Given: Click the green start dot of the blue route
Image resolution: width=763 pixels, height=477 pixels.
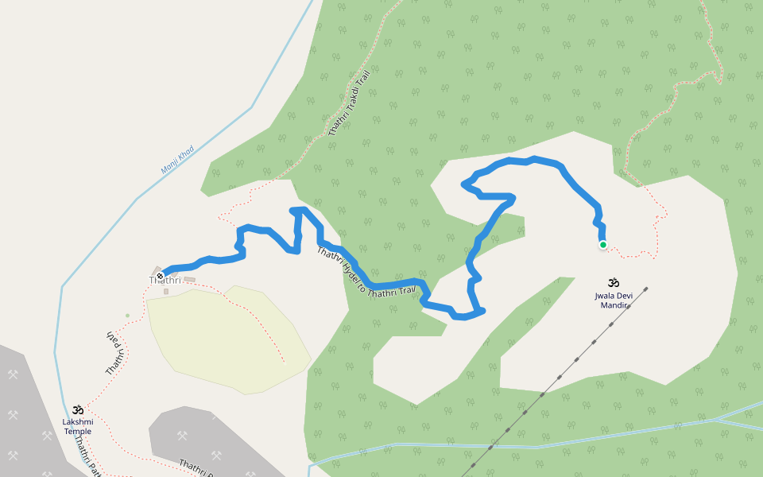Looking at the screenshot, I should [603, 245].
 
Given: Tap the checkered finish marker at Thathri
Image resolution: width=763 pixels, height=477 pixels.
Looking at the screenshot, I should [161, 276].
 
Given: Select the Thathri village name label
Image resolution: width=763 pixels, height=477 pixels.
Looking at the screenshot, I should [165, 281].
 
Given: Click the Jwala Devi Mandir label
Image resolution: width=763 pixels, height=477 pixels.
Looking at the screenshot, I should [613, 301].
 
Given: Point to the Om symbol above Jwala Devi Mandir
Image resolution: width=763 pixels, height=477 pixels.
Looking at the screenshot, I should [613, 282].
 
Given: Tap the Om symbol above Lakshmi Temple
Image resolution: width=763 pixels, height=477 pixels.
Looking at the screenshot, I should [78, 409].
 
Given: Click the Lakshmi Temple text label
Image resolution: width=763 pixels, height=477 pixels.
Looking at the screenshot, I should [78, 426].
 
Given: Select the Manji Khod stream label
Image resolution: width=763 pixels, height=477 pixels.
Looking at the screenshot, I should [177, 159].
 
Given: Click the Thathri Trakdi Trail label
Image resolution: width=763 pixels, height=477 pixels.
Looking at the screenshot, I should [350, 103].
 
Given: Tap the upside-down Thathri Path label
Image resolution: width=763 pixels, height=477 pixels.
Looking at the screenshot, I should [116, 354].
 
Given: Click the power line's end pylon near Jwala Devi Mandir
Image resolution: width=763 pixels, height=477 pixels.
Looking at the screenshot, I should [646, 289].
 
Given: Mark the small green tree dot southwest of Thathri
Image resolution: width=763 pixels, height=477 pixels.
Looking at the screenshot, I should [127, 316].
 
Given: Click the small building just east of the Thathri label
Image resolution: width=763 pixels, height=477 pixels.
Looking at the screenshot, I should [189, 280].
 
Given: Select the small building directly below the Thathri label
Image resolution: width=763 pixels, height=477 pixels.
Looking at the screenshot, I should [166, 292].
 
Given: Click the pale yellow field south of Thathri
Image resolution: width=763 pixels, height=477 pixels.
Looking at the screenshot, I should [230, 342].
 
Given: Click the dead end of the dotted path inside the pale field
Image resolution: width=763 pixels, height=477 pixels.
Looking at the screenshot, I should [284, 362].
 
